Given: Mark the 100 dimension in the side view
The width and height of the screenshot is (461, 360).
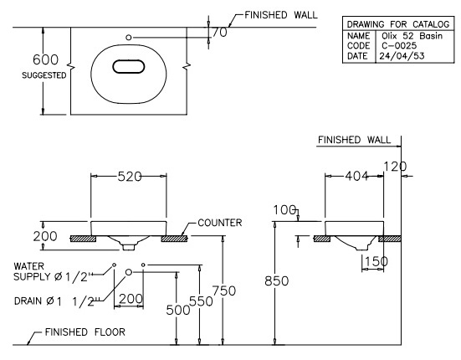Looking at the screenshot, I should coord(286,208).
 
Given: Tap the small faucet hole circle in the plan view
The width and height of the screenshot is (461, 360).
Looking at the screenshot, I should coord(128,37).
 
